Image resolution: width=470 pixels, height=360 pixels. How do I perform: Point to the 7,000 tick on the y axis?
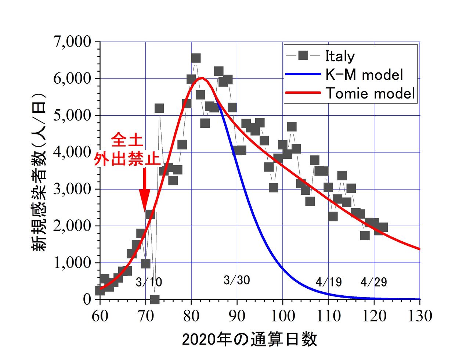(x=72, y=42)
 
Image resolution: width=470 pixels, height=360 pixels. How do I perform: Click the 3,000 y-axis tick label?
(x=72, y=189)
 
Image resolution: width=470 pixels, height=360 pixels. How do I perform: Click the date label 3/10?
(x=149, y=282)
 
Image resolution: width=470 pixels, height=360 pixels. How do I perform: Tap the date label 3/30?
(x=237, y=280)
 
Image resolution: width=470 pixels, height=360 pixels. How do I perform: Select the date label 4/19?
(x=329, y=282)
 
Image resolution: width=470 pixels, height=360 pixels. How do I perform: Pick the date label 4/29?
(x=374, y=282)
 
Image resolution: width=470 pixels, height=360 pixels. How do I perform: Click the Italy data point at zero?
(x=155, y=299)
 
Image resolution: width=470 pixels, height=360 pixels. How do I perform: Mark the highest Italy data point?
(x=196, y=58)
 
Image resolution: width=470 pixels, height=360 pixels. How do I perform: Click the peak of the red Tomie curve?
(x=202, y=78)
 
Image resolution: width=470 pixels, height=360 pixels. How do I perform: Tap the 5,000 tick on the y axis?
(x=72, y=115)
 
